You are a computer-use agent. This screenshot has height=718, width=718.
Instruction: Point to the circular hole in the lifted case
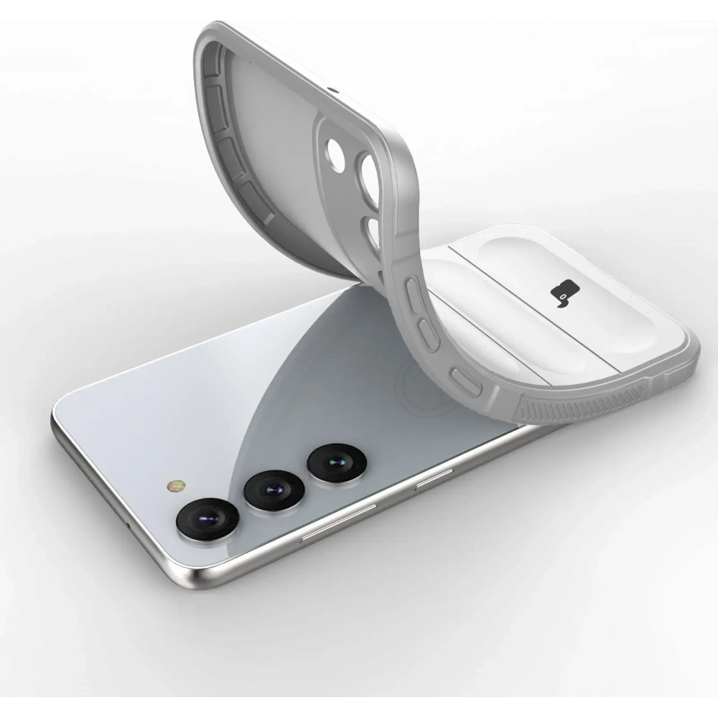335,151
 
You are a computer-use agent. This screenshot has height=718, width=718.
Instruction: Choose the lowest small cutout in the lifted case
373,233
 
